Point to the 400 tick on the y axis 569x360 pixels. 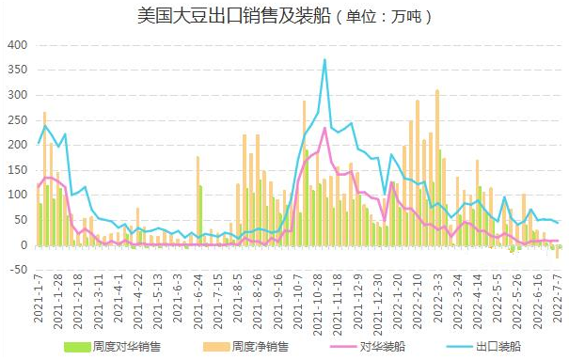(18, 45)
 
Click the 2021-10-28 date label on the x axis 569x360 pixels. (318, 297)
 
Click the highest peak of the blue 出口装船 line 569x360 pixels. (324, 60)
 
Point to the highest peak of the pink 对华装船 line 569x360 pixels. (324, 128)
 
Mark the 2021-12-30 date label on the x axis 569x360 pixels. (378, 297)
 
